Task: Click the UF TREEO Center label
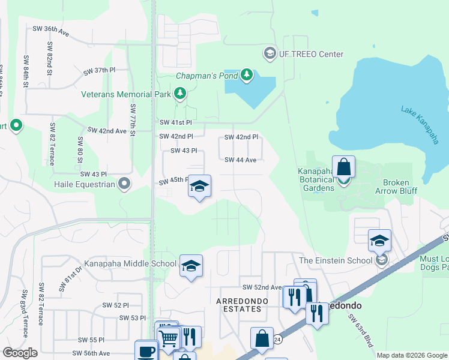312,55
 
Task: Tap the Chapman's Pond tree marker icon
247,75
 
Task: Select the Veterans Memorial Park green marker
179,94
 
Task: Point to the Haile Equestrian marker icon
124,184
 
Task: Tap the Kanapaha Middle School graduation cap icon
191,265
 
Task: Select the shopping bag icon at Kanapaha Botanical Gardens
343,166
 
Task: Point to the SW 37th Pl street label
99,70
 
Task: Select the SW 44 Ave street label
241,160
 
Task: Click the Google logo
20,352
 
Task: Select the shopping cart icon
169,338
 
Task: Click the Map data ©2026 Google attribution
412,355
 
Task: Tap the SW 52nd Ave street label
262,288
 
